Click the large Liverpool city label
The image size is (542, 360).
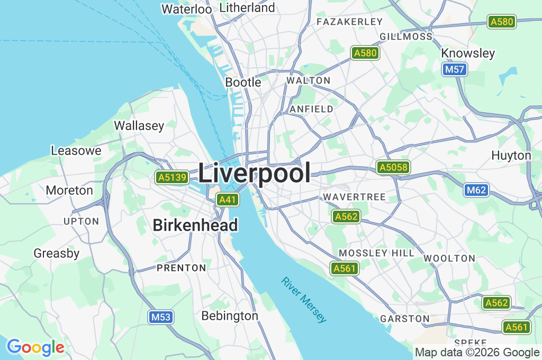tap(255, 173)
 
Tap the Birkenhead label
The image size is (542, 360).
tap(195, 226)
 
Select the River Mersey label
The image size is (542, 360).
tap(304, 300)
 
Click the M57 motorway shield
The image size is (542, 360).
tap(455, 69)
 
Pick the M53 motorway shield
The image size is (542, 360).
tap(160, 317)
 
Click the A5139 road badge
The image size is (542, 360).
tap(172, 177)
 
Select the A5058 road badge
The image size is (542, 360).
tap(393, 168)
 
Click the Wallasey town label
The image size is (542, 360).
tap(139, 125)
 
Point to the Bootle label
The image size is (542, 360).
tap(243, 82)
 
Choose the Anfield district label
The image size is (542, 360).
tap(312, 109)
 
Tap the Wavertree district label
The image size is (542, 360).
tap(355, 197)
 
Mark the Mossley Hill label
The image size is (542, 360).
tap(376, 253)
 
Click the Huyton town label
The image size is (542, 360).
tap(511, 155)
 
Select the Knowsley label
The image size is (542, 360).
tap(468, 53)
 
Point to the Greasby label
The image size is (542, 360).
tap(56, 253)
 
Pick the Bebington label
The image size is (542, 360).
tap(230, 316)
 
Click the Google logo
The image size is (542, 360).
tap(35, 347)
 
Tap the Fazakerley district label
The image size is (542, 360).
tap(349, 22)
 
